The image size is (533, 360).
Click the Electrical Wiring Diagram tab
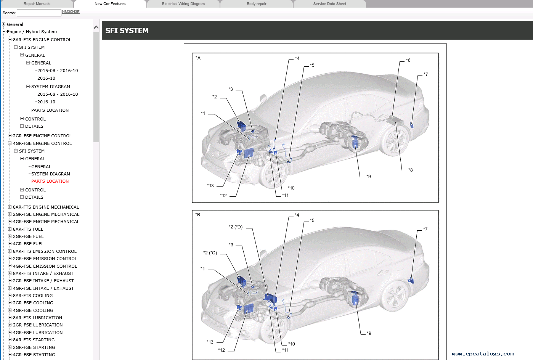click(183, 4)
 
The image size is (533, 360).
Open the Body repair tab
click(257, 4)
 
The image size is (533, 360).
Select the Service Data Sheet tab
click(329, 4)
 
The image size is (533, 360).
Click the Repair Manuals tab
click(37, 4)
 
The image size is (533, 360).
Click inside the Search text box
click(39, 13)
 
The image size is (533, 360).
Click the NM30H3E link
click(71, 12)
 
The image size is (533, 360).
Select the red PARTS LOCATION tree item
click(50, 181)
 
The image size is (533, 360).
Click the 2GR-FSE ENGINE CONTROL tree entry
click(42, 136)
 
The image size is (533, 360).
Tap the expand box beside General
click(3, 24)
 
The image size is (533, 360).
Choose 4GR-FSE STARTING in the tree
click(34, 355)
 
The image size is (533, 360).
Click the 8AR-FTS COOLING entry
click(33, 296)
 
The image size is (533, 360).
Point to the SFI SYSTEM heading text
click(127, 31)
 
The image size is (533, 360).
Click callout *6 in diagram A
click(408, 60)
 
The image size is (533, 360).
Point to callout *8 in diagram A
click(411, 170)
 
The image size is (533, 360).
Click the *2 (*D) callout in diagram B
click(236, 227)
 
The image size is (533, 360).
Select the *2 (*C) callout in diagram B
click(210, 253)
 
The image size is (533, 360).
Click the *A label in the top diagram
click(198, 58)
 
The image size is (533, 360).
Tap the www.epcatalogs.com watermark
click(483, 354)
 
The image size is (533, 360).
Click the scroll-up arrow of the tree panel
click(96, 27)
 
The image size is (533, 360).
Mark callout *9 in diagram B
click(369, 333)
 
